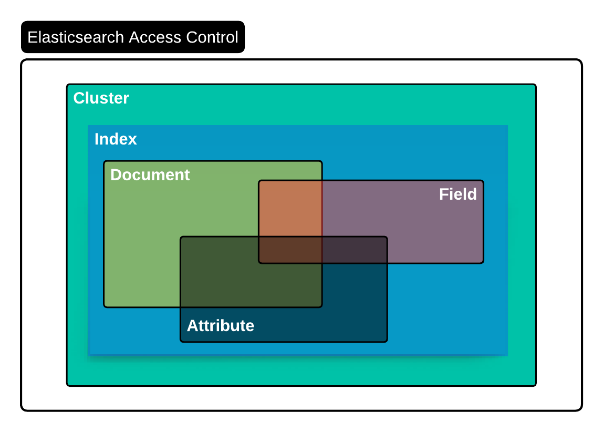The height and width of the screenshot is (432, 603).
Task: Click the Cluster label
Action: point(101,98)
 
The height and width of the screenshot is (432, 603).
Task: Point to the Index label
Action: point(116,139)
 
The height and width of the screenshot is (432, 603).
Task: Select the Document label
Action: point(150,175)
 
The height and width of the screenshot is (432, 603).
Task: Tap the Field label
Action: point(458,194)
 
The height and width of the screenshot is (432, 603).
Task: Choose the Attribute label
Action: point(220,326)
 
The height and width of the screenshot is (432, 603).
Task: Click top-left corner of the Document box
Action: point(105,162)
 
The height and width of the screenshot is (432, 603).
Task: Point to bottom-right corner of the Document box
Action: point(321,306)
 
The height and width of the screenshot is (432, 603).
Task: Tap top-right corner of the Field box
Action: point(483,181)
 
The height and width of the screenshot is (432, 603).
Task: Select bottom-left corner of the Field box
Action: point(259,262)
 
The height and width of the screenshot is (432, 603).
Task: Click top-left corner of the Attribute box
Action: point(181,238)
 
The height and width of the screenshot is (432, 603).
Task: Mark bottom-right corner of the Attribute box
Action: point(387,341)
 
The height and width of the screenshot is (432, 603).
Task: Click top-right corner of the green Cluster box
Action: point(535,85)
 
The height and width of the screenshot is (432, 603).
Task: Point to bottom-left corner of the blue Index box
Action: point(89,355)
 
